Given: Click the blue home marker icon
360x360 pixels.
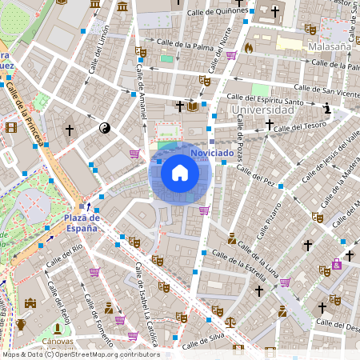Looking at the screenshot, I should coord(179,172).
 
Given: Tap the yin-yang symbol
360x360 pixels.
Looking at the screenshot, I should coord(104,127).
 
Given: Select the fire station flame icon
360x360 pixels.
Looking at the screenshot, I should coord(248,47).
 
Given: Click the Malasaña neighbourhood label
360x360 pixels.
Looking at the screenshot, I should coord(330,47).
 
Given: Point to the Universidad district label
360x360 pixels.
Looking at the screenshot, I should coord(259,108).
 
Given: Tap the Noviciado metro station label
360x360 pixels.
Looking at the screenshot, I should coord(212,152).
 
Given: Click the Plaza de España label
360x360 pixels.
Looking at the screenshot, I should coord(82,222).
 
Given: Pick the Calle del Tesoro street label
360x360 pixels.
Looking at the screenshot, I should coord(300,126).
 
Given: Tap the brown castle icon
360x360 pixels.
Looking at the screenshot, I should coord(30,303).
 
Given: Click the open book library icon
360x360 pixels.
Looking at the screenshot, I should coord(192,106).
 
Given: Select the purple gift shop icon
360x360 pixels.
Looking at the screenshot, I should coord(337,265).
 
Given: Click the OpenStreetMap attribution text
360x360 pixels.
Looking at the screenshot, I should coord(80,354).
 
